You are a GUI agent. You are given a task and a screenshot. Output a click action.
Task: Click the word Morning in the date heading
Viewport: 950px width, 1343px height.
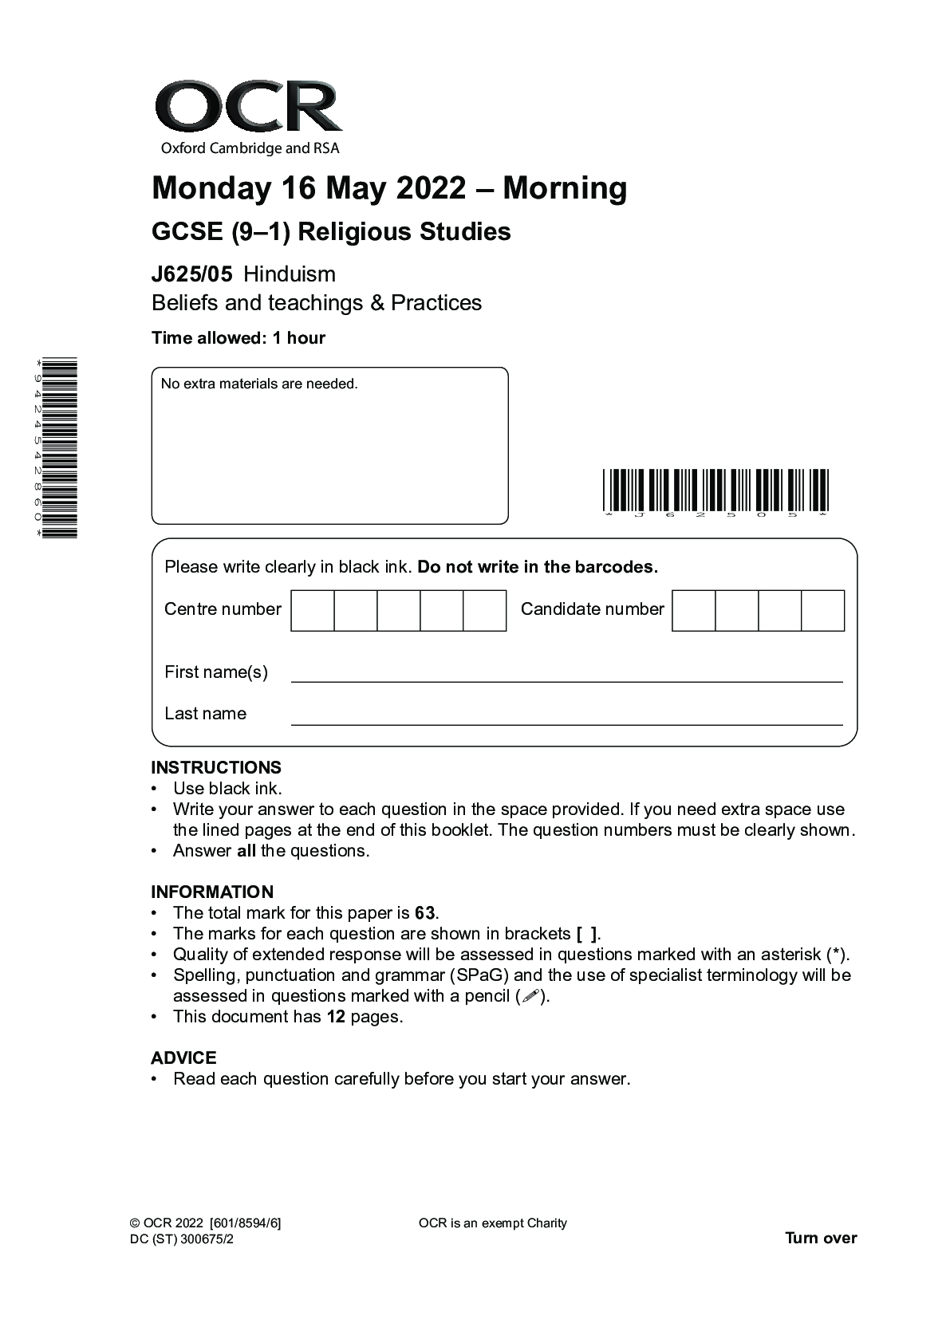click(x=565, y=188)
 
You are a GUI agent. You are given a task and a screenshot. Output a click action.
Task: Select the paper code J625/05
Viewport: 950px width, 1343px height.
click(x=192, y=274)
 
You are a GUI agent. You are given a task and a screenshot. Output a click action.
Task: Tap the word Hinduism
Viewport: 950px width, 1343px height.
click(x=290, y=274)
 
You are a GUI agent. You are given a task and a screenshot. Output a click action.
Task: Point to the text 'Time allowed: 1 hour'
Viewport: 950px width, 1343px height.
click(x=238, y=338)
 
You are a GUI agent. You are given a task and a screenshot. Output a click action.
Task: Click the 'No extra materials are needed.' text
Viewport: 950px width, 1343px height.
click(x=259, y=384)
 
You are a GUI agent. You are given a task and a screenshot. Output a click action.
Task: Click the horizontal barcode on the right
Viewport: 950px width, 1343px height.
click(x=715, y=490)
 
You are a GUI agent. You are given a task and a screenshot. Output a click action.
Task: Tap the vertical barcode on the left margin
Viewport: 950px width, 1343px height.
click(x=60, y=449)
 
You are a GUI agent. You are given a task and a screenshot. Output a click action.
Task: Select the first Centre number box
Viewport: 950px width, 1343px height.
click(x=313, y=611)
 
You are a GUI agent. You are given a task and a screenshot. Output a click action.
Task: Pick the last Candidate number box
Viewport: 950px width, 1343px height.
click(x=822, y=611)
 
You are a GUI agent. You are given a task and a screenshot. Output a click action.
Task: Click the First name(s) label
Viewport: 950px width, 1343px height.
click(x=216, y=672)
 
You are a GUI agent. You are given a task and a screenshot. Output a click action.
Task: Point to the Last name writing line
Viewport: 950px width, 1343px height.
click(x=566, y=723)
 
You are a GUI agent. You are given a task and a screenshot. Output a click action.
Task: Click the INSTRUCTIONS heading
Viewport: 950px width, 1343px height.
click(x=216, y=768)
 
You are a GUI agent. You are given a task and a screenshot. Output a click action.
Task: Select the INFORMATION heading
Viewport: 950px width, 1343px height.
click(x=212, y=892)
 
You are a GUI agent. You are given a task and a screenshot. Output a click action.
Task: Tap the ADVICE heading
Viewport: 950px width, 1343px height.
click(x=183, y=1058)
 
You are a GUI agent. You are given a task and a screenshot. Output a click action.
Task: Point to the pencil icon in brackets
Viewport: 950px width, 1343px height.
click(x=530, y=996)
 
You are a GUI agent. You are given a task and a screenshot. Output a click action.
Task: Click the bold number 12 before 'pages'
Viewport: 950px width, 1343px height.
click(x=336, y=1017)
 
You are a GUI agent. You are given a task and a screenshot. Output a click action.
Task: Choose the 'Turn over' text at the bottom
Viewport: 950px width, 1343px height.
click(x=821, y=1238)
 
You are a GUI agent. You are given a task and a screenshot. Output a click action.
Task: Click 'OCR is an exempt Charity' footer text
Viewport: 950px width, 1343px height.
click(x=492, y=1223)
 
